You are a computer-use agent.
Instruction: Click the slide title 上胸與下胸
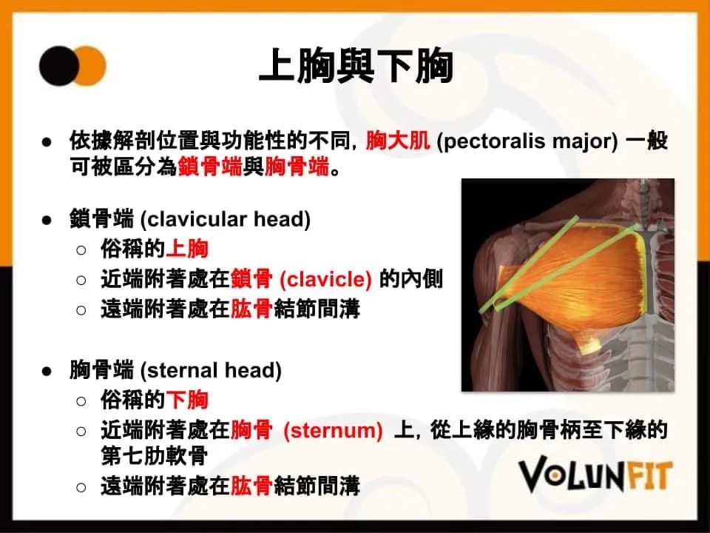(356, 66)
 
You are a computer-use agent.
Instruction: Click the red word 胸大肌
(398, 141)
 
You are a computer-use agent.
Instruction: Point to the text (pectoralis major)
(527, 141)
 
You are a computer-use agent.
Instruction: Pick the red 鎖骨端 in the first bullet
(209, 167)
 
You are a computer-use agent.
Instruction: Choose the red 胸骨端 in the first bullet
(297, 167)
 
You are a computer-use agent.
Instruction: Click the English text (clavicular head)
(226, 219)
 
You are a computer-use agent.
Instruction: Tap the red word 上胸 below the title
(187, 249)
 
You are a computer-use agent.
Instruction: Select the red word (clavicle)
(325, 279)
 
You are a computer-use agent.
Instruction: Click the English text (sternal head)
(211, 370)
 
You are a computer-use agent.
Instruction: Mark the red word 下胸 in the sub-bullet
(187, 400)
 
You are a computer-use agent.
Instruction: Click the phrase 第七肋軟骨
(155, 455)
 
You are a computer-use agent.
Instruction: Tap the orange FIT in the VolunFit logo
(649, 476)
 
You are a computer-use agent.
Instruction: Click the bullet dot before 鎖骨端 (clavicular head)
(47, 221)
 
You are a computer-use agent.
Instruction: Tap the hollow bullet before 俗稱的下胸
(81, 401)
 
